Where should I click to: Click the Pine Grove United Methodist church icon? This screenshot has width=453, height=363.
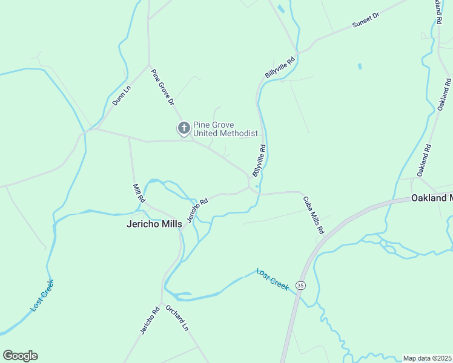coord(184,128)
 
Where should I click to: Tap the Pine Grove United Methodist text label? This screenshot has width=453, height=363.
coord(225,129)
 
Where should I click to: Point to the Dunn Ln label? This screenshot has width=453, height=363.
coord(121,96)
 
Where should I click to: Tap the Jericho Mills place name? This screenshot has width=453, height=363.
coord(154,224)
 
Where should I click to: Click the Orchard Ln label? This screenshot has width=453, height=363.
coord(177,318)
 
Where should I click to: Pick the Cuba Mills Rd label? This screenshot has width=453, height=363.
coord(314,214)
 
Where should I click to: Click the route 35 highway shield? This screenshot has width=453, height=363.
coord(300,284)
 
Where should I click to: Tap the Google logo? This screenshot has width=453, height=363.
coord(20,356)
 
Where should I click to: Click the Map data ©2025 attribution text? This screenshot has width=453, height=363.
coord(427,358)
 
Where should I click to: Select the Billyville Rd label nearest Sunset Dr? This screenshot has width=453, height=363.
coord(280,67)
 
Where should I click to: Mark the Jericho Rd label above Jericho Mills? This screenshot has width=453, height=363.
coord(197,209)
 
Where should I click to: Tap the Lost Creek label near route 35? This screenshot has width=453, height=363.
coord(273,279)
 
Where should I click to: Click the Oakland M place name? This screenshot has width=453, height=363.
coord(432,198)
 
